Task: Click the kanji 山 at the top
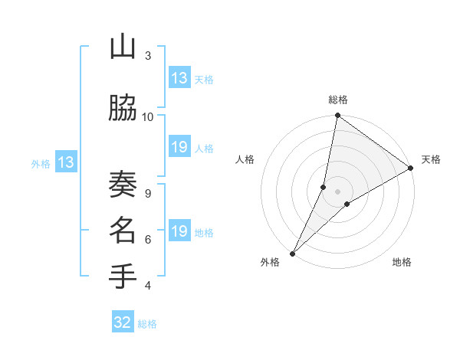pyautogui.click(x=123, y=48)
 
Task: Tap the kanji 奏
pyautogui.click(x=123, y=185)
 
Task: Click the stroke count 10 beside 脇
pyautogui.click(x=148, y=116)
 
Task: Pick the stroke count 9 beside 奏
pyautogui.click(x=148, y=193)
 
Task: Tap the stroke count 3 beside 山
pyautogui.click(x=148, y=56)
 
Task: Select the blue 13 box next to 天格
pyautogui.click(x=179, y=78)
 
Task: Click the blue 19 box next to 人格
pyautogui.click(x=179, y=147)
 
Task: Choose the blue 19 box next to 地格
pyautogui.click(x=179, y=231)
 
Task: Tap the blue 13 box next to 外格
pyautogui.click(x=65, y=162)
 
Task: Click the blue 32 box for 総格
pyautogui.click(x=123, y=322)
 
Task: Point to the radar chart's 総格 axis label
pyautogui.click(x=338, y=100)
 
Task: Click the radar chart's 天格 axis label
pyautogui.click(x=431, y=159)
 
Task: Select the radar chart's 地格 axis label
pyautogui.click(x=402, y=262)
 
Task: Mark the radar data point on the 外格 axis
pyautogui.click(x=292, y=253)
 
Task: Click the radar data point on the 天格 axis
pyautogui.click(x=411, y=168)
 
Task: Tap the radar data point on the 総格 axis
pyautogui.click(x=337, y=116)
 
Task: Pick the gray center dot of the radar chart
pyautogui.click(x=337, y=191)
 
